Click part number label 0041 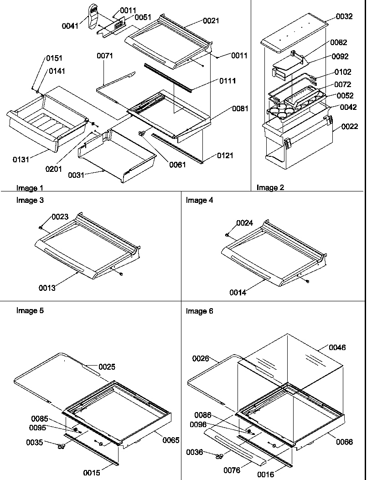70,26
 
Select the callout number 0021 211,21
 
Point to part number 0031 76,175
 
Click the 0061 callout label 177,165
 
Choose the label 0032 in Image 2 344,16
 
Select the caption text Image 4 199,200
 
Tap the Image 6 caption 199,311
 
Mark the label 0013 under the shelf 47,288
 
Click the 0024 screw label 244,223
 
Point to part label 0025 107,366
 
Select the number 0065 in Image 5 170,440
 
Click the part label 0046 337,347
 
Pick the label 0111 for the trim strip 227,81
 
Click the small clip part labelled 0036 219,455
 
